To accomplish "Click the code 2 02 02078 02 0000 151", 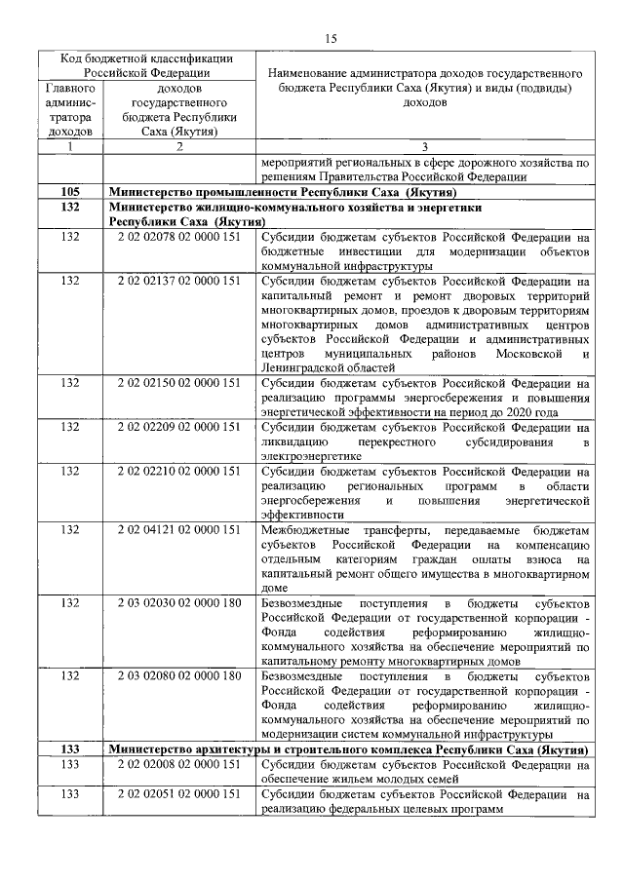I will click(x=178, y=237).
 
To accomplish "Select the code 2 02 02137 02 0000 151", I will click(x=178, y=281).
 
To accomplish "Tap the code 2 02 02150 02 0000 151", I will click(x=178, y=383).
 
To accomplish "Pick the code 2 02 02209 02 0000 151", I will click(x=178, y=427).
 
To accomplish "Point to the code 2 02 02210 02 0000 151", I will click(x=178, y=472).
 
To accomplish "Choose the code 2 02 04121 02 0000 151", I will click(x=178, y=530).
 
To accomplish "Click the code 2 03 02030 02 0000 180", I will click(x=178, y=603).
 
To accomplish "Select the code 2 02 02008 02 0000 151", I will click(x=178, y=765).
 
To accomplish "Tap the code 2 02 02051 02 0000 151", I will click(x=178, y=795).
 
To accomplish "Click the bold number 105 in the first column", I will click(x=69, y=193).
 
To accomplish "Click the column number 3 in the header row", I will click(x=423, y=146).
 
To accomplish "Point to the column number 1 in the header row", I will click(x=69, y=146).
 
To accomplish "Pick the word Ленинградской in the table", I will click(x=302, y=368).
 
